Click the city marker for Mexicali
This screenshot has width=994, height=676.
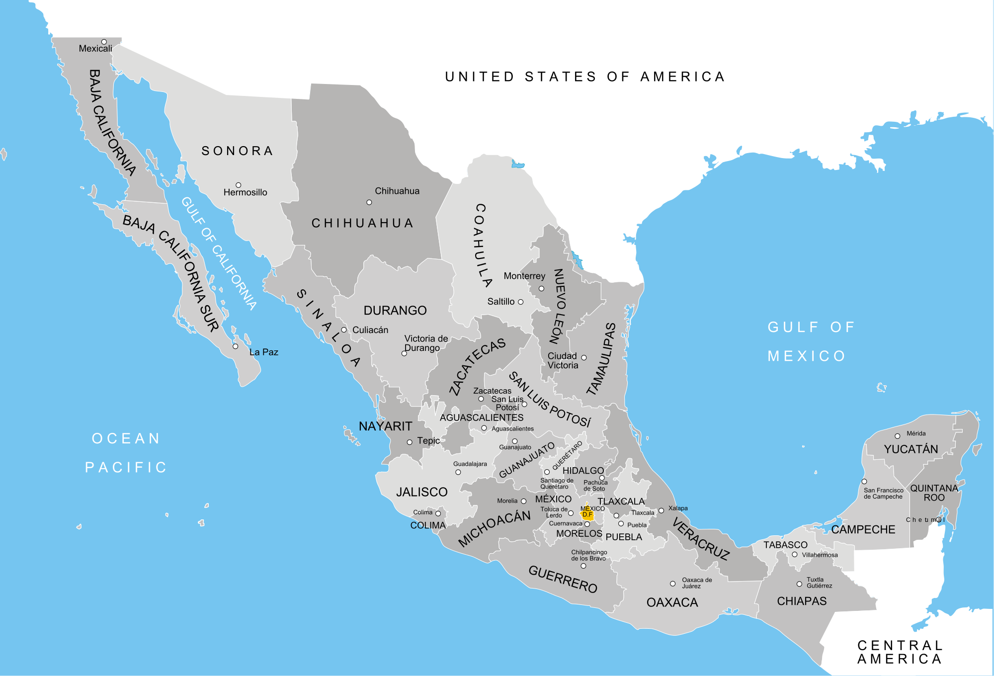[104, 42]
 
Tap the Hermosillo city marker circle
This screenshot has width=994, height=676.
[238, 185]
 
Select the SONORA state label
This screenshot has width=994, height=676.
[238, 151]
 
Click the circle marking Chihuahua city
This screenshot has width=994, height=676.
[369, 202]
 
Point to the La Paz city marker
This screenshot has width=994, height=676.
[236, 346]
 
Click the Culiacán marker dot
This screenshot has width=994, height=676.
[343, 330]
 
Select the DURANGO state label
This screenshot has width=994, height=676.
[395, 311]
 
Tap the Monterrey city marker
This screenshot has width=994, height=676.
[541, 289]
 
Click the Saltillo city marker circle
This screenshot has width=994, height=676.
[520, 302]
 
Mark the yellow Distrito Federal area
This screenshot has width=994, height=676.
[587, 514]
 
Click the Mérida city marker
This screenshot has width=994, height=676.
[897, 436]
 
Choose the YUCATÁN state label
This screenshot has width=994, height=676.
[911, 449]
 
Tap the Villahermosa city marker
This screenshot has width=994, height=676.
[794, 555]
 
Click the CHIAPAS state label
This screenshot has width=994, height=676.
[802, 601]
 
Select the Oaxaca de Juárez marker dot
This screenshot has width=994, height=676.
[672, 584]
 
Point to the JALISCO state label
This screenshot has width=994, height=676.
[421, 492]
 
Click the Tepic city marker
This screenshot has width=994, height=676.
[410, 442]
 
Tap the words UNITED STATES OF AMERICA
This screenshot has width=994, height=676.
[585, 77]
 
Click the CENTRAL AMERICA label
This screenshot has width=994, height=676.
[900, 652]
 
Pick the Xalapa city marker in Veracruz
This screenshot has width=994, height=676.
[661, 510]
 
